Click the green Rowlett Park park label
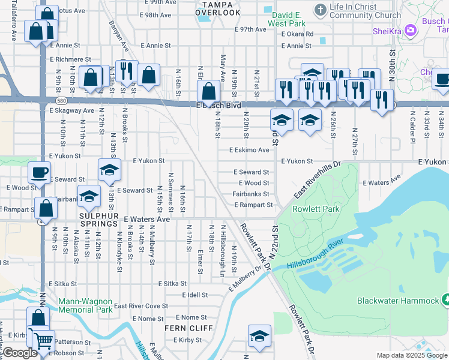tap(316, 209)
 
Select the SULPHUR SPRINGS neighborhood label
tap(99, 223)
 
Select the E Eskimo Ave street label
tap(249, 150)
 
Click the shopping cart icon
tap(43, 340)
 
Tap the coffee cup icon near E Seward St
tap(40, 172)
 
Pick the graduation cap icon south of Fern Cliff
tap(259, 335)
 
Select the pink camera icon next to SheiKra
tap(411, 29)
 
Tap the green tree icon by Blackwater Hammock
tap(445, 299)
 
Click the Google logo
tap(20, 353)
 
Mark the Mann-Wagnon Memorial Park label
tap(85, 305)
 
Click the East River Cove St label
tap(141, 306)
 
